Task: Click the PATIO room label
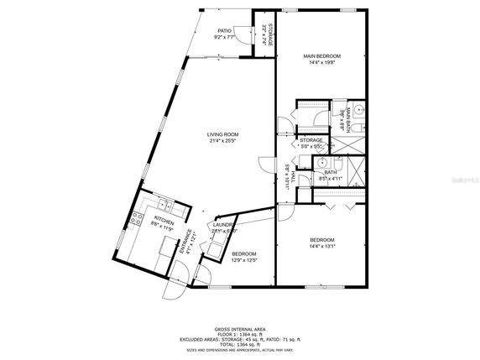coord(224,30)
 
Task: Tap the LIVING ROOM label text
coord(224,134)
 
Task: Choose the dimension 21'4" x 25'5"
coord(224,141)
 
